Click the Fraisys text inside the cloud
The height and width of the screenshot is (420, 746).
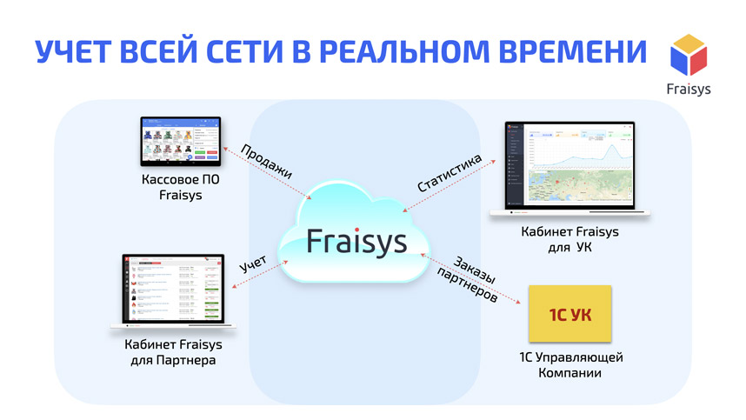(356, 239)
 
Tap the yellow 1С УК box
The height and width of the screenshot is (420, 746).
(569, 314)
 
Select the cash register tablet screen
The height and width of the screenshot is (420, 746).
(182, 139)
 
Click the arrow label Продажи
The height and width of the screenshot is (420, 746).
(266, 160)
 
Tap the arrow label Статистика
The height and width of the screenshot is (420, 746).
(449, 174)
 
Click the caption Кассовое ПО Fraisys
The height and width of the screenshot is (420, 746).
(181, 188)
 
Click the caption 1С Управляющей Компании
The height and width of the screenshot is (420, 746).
(569, 365)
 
